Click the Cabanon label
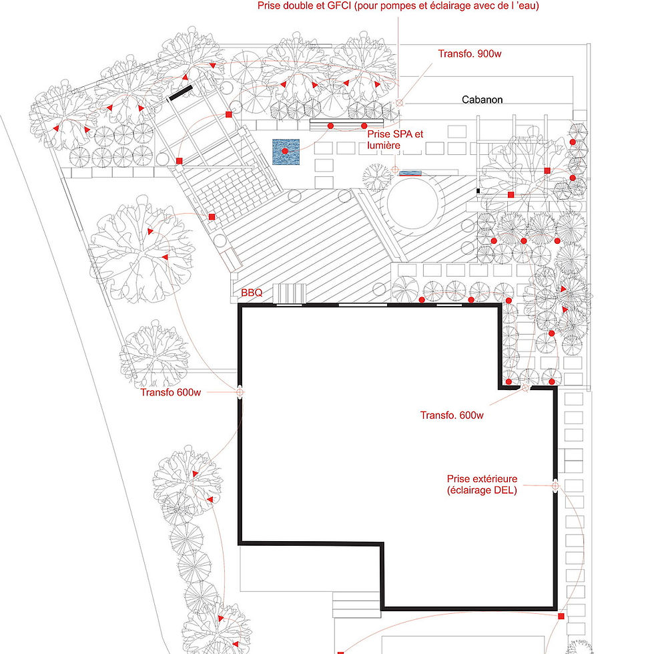point(482,100)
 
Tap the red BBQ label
point(252,293)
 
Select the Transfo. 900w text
point(469,54)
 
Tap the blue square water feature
point(285,152)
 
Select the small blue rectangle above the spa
point(412,172)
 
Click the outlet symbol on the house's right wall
point(555,486)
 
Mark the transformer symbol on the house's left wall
point(239,392)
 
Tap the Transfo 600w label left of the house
point(170,392)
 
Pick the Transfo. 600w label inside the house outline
point(451,415)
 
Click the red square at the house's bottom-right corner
point(561,616)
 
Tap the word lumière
point(384,144)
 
